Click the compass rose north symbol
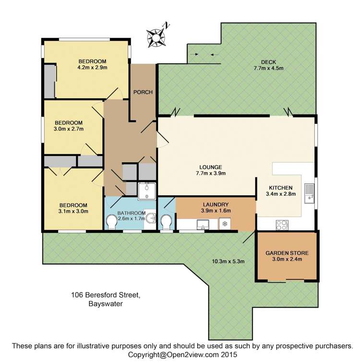click(x=156, y=36)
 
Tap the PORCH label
click(x=143, y=92)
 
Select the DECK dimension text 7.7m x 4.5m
click(x=268, y=68)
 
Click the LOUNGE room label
click(x=211, y=167)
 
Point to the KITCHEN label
click(x=281, y=188)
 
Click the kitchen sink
click(x=309, y=194)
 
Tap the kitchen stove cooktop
click(x=282, y=225)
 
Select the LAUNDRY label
click(x=216, y=205)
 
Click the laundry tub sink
click(x=203, y=225)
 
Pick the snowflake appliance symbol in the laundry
click(x=225, y=224)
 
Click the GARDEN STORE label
click(x=287, y=253)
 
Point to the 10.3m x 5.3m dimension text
click(x=228, y=262)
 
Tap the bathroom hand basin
click(x=151, y=218)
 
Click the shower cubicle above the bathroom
click(x=147, y=191)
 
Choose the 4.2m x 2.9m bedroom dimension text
click(x=93, y=68)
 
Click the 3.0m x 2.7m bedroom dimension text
click(x=69, y=129)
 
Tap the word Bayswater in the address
click(x=106, y=304)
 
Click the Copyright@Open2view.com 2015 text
click(x=182, y=354)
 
